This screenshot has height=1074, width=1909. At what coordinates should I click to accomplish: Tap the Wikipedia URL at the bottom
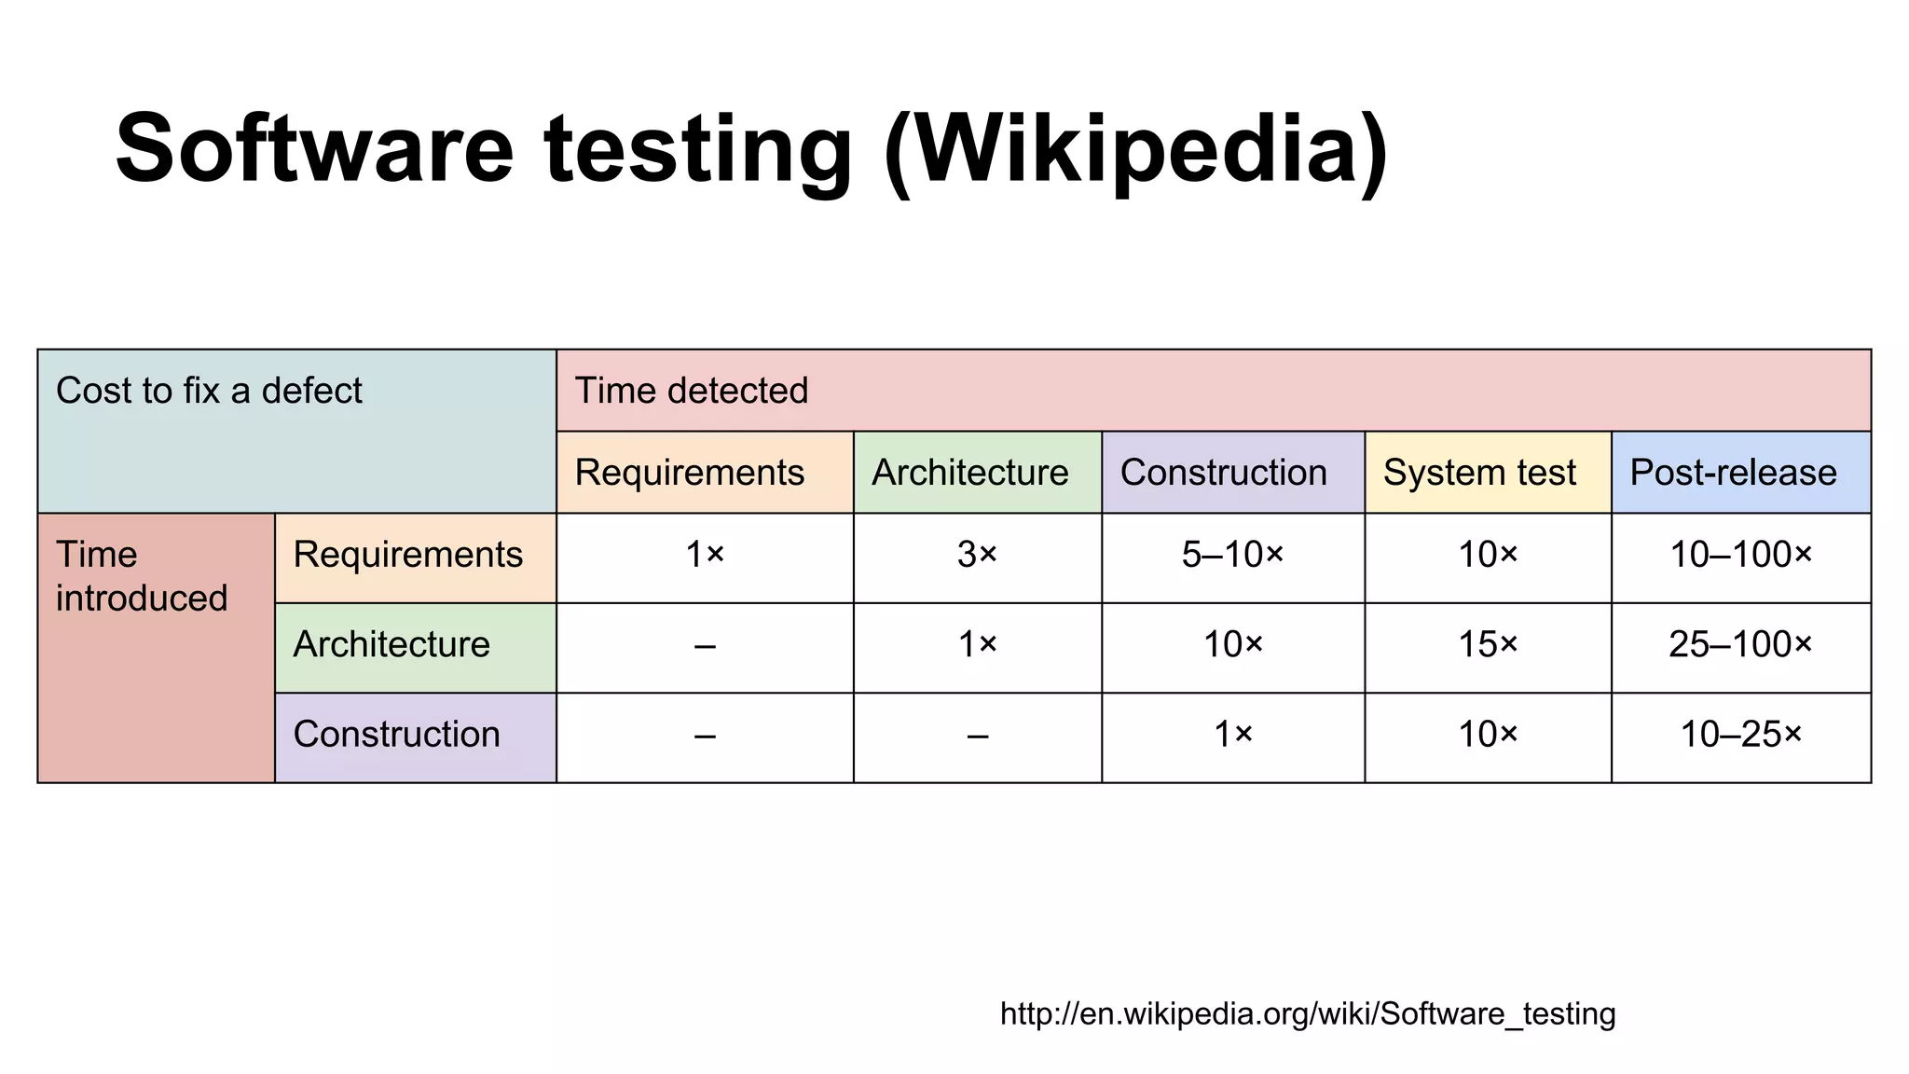click(x=1308, y=1013)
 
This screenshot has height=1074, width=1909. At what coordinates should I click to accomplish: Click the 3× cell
click(x=977, y=556)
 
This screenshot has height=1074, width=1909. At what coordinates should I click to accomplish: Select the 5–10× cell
click(x=1232, y=556)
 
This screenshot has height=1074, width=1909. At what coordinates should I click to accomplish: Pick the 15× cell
click(x=1488, y=645)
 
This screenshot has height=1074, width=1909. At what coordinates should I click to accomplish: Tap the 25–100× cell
click(x=1740, y=645)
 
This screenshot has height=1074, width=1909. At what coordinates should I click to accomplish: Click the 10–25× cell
click(x=1740, y=735)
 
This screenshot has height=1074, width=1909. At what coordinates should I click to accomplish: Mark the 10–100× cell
click(x=1740, y=556)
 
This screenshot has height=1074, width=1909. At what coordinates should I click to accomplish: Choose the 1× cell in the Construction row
click(x=1232, y=735)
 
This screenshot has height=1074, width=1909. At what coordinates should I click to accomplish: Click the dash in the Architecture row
click(x=705, y=645)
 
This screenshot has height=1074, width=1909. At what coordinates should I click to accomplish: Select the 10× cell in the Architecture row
click(x=1232, y=645)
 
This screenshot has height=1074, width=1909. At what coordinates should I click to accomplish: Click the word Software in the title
click(x=315, y=149)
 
